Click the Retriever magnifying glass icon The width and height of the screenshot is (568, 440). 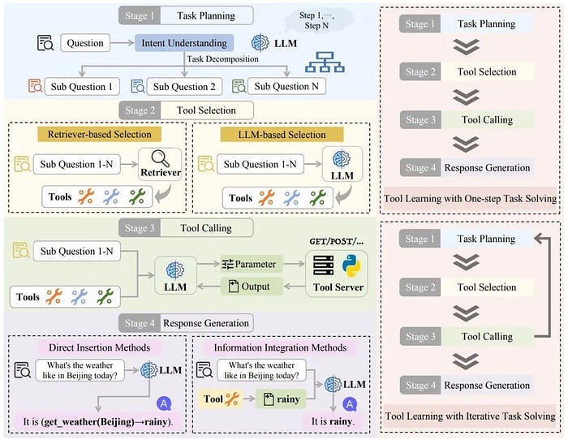tap(159, 160)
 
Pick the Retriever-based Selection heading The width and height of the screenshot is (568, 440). tap(99, 133)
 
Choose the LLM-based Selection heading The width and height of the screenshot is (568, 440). tap(280, 133)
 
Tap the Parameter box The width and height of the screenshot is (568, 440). tap(251, 263)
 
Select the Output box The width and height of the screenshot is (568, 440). tap(251, 285)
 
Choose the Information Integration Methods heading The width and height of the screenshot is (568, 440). tap(280, 347)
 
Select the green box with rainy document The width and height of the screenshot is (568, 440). tap(278, 399)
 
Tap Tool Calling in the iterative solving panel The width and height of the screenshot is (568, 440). tap(486, 336)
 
